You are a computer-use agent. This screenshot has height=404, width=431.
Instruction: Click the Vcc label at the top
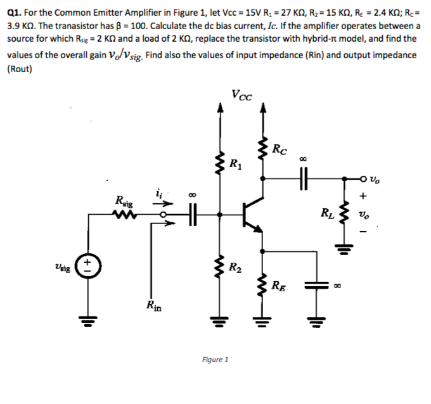point(241,96)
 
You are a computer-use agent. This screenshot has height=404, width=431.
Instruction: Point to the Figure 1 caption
point(215,360)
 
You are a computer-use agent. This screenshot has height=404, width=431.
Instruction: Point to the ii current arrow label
point(158,194)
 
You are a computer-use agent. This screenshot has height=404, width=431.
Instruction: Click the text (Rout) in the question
point(20,68)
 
